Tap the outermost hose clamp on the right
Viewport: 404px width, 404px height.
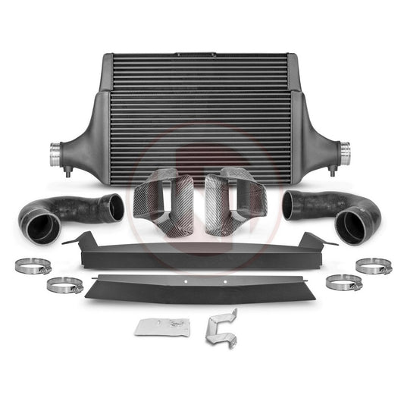[373, 266]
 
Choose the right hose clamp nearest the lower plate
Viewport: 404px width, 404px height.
[343, 283]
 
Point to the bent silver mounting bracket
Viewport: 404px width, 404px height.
[221, 326]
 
